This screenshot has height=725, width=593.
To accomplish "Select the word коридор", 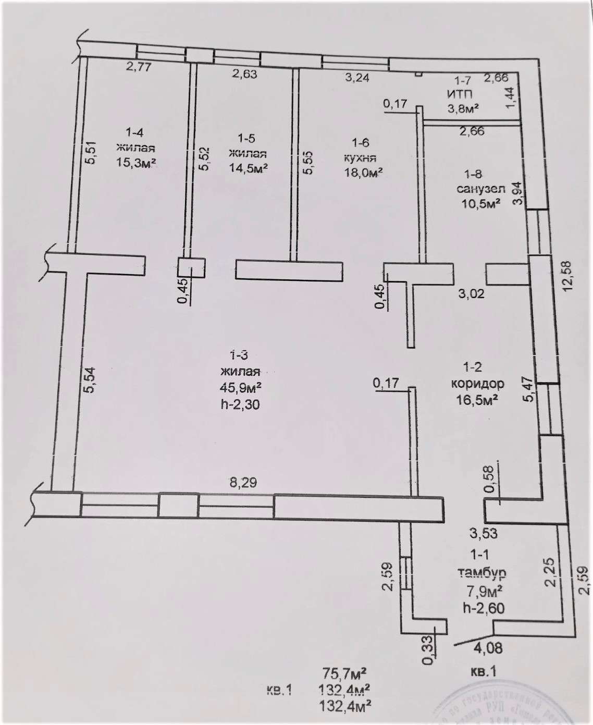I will tap(477, 384).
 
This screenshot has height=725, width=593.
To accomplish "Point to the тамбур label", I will tap(481, 572).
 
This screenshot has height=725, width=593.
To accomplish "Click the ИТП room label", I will tap(459, 94).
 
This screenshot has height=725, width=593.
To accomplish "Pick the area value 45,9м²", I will tap(240, 388).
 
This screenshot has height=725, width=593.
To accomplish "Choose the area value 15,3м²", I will tap(136, 163).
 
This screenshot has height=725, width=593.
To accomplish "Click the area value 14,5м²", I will tap(248, 168).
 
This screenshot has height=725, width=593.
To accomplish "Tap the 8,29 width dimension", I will tap(243, 483).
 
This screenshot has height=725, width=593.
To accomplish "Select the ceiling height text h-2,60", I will tap(483, 608).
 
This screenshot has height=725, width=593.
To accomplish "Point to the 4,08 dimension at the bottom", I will tap(488, 648).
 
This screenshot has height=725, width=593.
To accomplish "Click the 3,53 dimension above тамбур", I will tap(483, 533).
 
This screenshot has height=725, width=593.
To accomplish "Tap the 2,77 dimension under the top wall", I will tap(138, 67).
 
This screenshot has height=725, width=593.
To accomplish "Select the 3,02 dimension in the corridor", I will tap(471, 293).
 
